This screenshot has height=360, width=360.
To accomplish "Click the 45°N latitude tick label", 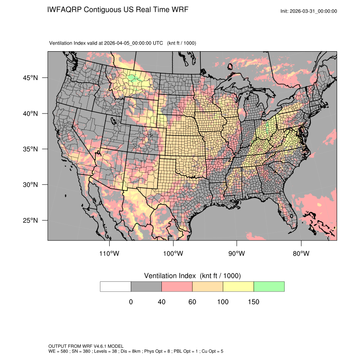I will tap(29, 78).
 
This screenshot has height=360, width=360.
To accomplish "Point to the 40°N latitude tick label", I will tap(29, 114).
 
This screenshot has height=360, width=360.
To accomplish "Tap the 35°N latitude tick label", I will tap(29, 149).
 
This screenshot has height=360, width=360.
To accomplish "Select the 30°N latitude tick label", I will tap(29, 185).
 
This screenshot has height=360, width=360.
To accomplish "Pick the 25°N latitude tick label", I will tap(29, 220).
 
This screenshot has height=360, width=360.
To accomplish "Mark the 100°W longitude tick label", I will tap(173, 254).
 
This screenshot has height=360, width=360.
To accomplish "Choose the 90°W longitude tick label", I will tap(237, 254).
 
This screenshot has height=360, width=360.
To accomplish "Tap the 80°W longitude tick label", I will tap(301, 254).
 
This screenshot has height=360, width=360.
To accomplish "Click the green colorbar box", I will tap(269, 286).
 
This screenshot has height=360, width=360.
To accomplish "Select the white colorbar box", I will tap(116, 286).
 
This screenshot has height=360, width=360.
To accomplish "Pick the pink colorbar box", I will tap(177, 286).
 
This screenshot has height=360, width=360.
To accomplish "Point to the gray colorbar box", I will tap(146, 286).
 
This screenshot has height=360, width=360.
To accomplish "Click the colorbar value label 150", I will tap(253, 302).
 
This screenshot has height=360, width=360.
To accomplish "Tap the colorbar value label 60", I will tap(192, 302).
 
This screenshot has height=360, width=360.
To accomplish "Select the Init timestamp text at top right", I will tap(309, 11).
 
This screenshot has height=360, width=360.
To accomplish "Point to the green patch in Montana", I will tap(133, 78).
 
